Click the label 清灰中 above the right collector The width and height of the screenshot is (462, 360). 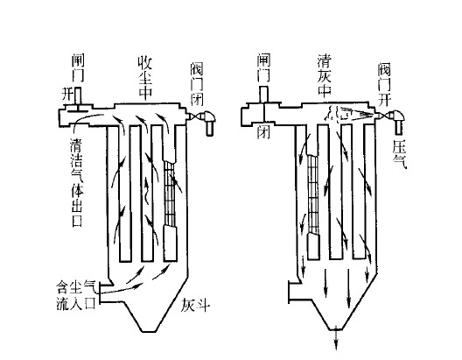click(325, 75)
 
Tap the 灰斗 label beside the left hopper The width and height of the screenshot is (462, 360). click(195, 305)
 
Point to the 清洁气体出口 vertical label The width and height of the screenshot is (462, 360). click(77, 182)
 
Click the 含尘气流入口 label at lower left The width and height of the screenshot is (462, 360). click(76, 295)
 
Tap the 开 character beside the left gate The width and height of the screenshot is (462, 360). click(66, 95)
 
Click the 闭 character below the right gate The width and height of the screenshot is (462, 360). click(263, 131)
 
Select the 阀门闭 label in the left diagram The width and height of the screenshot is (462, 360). click(196, 85)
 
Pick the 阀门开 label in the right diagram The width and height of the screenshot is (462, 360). click(384, 85)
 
